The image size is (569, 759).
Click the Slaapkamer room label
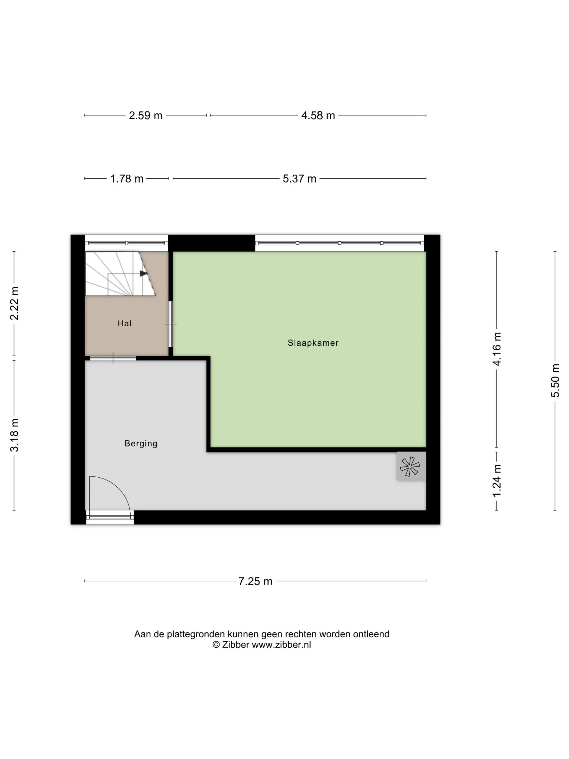[x=313, y=343]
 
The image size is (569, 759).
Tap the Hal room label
[x=124, y=323]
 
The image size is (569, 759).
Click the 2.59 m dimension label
[x=146, y=115]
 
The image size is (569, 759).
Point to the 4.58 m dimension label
[x=318, y=115]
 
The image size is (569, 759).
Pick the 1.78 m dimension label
[x=127, y=179]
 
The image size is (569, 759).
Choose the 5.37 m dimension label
[x=299, y=179]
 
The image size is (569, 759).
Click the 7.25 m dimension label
[x=255, y=581]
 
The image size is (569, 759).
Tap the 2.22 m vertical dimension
[x=14, y=303]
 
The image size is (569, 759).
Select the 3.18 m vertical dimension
[x=14, y=435]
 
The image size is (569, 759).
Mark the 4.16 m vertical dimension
[x=497, y=349]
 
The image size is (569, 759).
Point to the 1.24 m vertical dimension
[x=497, y=481]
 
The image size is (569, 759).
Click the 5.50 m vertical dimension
[x=555, y=381]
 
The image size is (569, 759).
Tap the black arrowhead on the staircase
[x=143, y=274]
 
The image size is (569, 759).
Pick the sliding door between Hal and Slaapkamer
[x=171, y=324]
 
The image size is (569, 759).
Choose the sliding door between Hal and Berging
[x=113, y=359]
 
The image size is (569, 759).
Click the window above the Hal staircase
[x=127, y=243]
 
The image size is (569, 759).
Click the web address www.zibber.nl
[x=281, y=645]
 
